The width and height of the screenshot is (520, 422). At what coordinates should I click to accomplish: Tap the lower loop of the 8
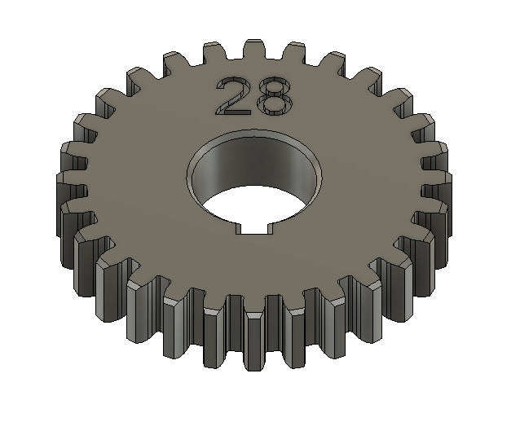point(272,105)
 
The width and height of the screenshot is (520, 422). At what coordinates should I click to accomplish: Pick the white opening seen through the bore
point(261,208)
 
